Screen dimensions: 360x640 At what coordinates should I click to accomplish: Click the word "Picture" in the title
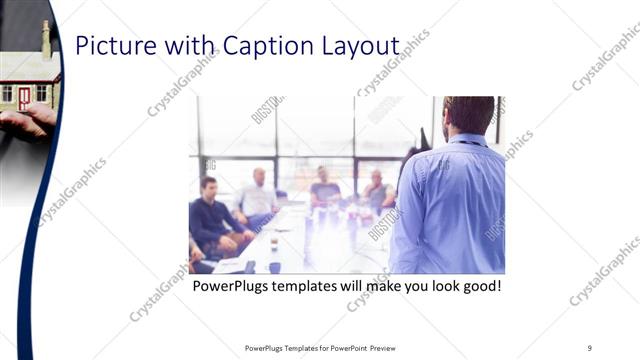click(111, 46)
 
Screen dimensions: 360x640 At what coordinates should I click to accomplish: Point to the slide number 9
click(589, 348)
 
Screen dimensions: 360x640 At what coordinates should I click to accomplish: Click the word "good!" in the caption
click(479, 287)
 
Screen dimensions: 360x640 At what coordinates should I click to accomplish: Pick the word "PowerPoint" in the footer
click(343, 348)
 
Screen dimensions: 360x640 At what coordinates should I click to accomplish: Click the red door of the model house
click(24, 97)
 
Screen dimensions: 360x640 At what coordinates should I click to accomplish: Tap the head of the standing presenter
click(468, 115)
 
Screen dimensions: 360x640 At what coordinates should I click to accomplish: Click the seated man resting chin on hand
click(376, 191)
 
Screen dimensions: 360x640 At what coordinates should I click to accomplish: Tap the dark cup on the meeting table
click(274, 267)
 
